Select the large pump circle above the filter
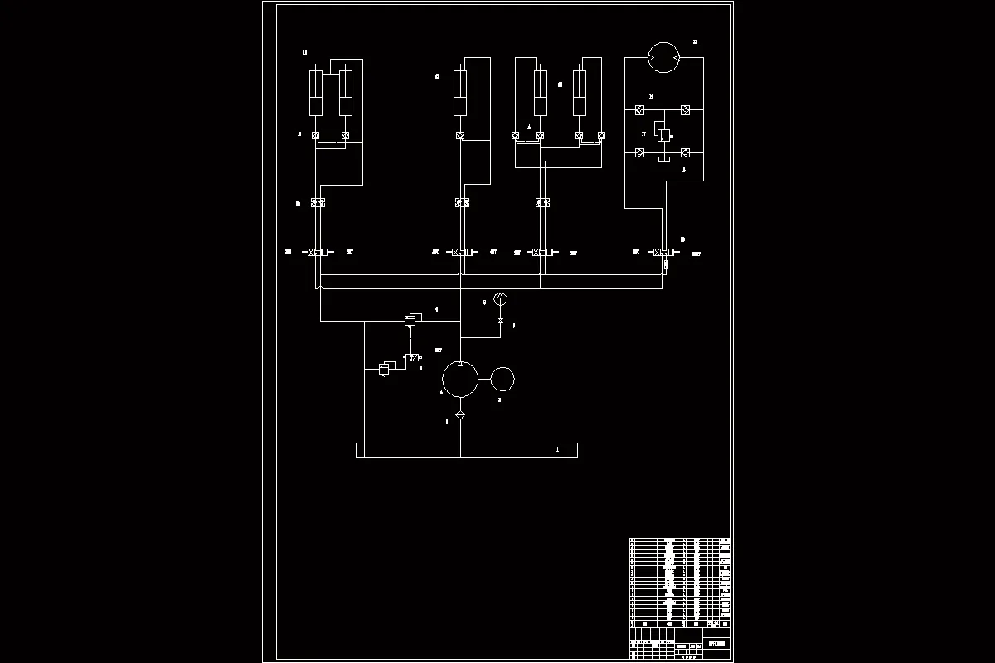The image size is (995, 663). (460, 380)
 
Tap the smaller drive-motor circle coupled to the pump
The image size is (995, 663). (502, 380)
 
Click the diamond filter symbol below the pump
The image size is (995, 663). (460, 414)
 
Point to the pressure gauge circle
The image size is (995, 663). (500, 299)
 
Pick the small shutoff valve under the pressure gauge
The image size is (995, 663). (500, 321)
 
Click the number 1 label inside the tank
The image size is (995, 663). (557, 449)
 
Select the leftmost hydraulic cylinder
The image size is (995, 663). (316, 93)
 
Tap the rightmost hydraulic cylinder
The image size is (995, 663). (580, 93)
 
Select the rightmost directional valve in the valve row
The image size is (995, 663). (663, 252)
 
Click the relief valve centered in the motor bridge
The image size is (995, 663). (663, 135)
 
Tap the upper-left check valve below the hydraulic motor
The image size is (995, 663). (640, 110)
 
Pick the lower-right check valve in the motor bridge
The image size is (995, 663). (686, 152)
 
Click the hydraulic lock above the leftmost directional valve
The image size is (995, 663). (318, 202)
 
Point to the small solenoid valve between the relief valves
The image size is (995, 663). (410, 356)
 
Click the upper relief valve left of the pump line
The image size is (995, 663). (411, 319)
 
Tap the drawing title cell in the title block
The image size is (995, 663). (717, 644)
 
